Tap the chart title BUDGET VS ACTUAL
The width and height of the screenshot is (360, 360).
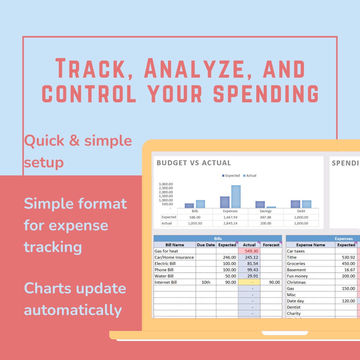point(194,163)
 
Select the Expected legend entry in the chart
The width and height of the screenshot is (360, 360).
point(231,176)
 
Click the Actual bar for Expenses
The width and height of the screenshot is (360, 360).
point(236,197)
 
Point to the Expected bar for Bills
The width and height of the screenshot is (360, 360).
point(189,206)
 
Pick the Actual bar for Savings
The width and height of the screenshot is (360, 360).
point(271,207)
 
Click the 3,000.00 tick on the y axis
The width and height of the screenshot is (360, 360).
point(166,184)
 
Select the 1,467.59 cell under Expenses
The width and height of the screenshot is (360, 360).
point(230,217)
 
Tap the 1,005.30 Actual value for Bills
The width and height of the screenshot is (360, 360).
point(195,223)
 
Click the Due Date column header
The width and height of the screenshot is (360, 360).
point(206,245)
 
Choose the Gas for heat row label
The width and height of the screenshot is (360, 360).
point(166,251)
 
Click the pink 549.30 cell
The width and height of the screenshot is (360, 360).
point(249,251)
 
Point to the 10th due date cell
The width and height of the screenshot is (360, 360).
point(206,282)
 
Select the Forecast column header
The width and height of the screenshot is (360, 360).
point(271,245)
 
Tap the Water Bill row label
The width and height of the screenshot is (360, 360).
point(164,276)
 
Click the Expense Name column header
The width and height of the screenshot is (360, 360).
point(310,245)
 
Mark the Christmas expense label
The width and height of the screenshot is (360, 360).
point(296,282)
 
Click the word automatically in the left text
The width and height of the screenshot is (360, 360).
point(73,310)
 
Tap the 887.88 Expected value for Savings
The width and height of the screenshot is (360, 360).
point(266,217)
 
